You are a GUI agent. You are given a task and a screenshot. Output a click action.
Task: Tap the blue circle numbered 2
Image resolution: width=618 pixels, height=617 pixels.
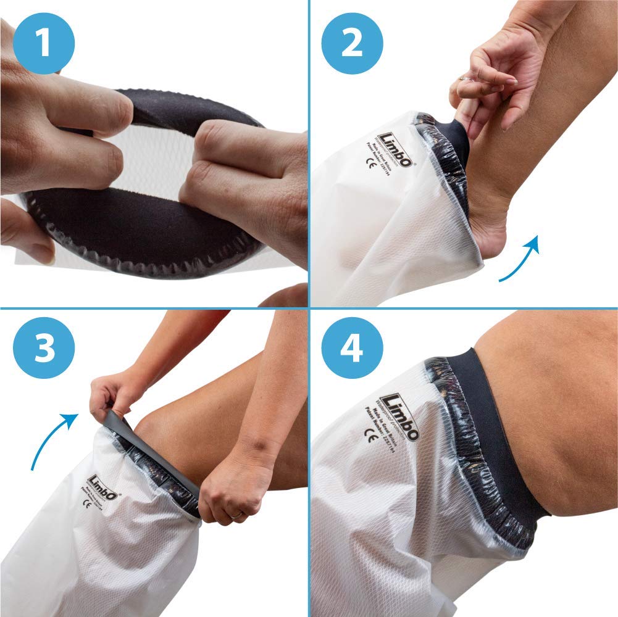[x=353, y=44]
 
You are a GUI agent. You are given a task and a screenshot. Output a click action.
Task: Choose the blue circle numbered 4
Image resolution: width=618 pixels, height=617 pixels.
[x=353, y=348]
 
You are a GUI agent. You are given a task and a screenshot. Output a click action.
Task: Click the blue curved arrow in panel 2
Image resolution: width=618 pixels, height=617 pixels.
[x=521, y=259]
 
